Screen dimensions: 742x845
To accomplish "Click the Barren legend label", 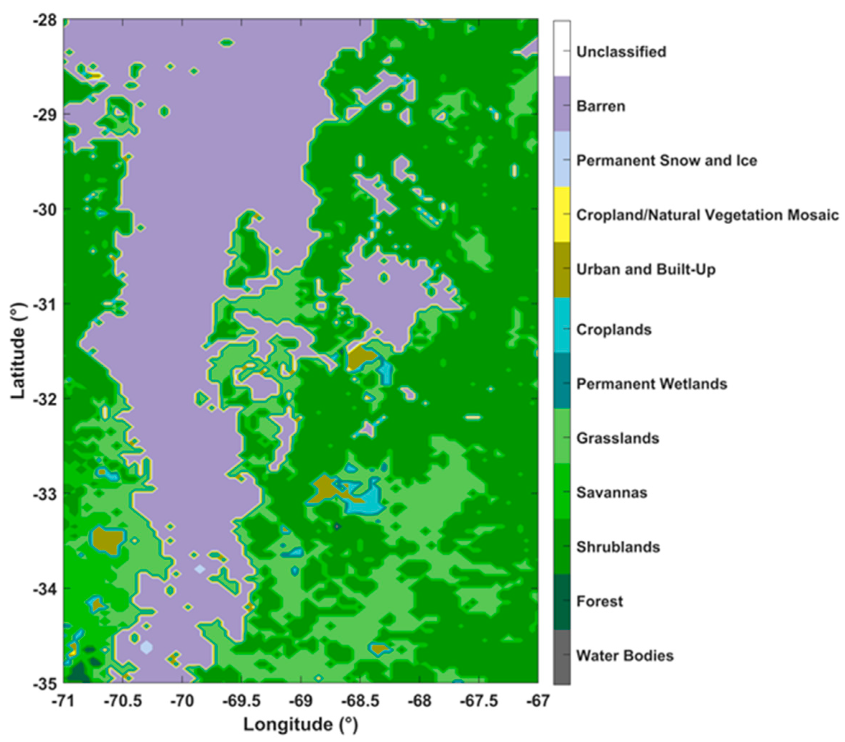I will (600, 106).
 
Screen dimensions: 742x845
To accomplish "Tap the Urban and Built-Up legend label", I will (646, 270).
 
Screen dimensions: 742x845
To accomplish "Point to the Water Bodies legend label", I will (625, 656).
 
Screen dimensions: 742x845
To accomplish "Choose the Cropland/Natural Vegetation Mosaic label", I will (707, 215).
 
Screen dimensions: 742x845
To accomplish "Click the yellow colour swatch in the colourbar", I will (562, 214).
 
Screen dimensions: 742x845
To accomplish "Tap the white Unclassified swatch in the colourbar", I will (562, 49).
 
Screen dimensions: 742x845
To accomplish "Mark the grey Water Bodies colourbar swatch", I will (562, 657).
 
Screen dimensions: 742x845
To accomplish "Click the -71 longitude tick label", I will (64, 701).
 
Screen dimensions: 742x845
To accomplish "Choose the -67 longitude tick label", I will (538, 701).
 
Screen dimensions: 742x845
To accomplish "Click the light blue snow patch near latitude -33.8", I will (200, 569).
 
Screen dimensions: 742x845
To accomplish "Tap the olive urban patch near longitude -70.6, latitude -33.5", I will (107, 540).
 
